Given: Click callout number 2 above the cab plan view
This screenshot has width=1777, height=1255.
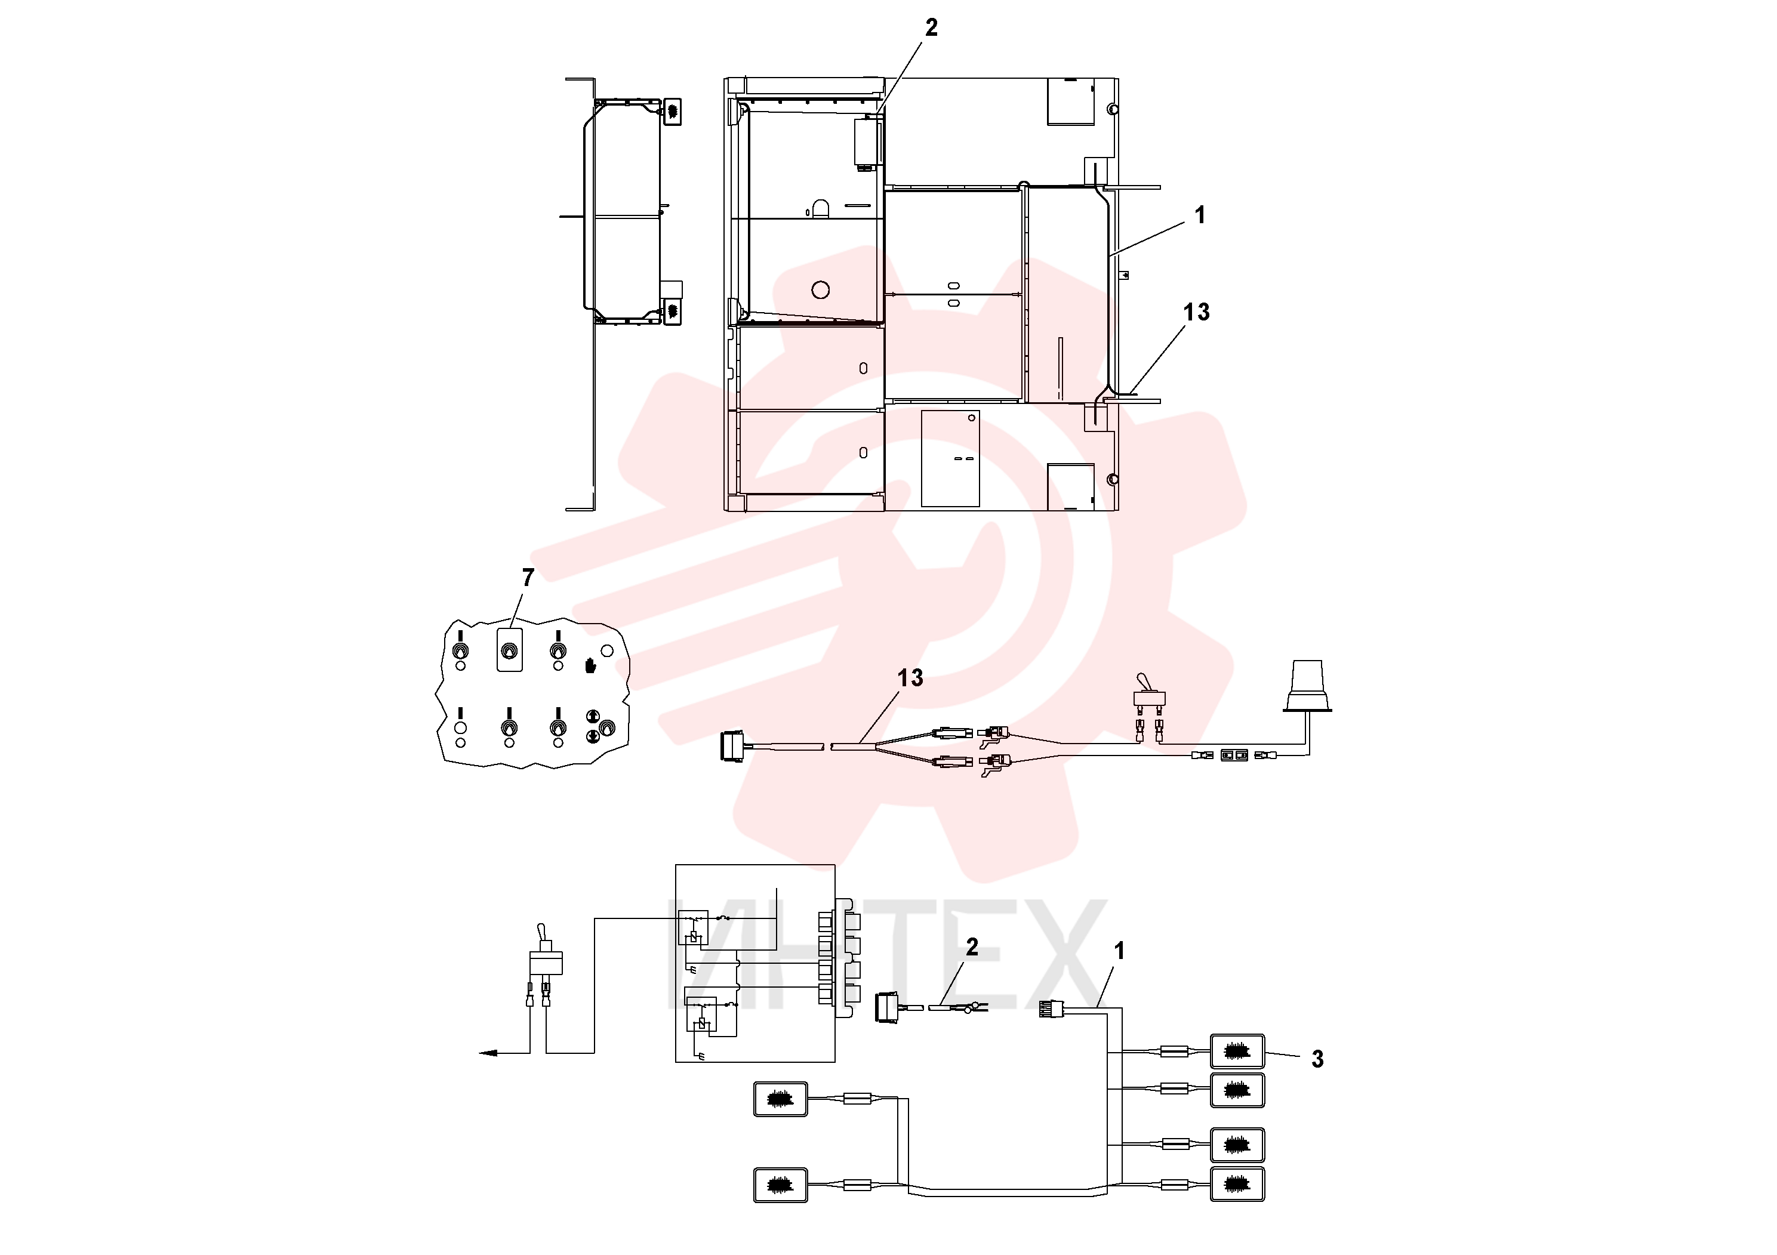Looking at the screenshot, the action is (931, 28).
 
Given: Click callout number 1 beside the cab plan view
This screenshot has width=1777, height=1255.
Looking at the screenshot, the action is (1200, 215).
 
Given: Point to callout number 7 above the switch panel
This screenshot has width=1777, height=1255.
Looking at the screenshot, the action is (528, 577).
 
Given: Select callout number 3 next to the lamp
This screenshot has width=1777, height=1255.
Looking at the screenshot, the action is (1317, 1059).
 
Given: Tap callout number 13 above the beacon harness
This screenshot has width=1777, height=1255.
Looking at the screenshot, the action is (910, 678).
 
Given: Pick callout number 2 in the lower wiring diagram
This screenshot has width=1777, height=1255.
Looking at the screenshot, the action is (972, 947).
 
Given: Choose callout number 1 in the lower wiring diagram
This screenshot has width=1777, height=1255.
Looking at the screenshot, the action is (1119, 951).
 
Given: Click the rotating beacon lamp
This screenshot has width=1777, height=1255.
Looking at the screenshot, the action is (1308, 686).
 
